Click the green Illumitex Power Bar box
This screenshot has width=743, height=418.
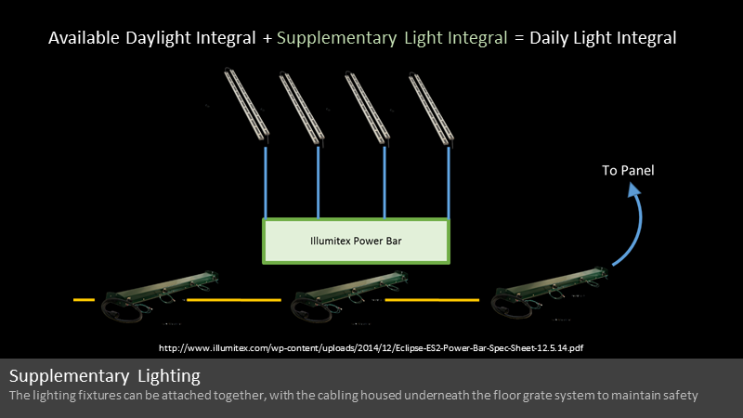click(x=356, y=241)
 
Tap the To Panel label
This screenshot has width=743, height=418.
click(x=628, y=171)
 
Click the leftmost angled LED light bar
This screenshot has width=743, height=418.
click(x=246, y=105)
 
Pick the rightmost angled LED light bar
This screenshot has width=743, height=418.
click(x=431, y=107)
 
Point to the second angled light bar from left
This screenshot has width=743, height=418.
click(x=302, y=108)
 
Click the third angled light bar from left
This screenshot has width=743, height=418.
click(x=367, y=108)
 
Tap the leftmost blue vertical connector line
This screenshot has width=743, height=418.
click(x=266, y=182)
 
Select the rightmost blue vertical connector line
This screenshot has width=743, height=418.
click(x=449, y=182)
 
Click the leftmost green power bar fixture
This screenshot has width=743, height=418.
click(x=160, y=296)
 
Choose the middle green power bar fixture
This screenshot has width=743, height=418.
click(x=349, y=296)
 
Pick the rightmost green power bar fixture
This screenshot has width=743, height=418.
click(x=550, y=293)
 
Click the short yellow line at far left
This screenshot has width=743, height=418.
click(x=84, y=299)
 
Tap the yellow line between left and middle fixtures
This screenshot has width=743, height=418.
click(x=234, y=299)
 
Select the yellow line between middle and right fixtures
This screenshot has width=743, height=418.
click(x=432, y=299)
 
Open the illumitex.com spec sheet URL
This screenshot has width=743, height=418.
click(x=371, y=347)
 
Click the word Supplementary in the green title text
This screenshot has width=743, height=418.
click(x=336, y=38)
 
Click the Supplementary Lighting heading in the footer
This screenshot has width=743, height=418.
click(x=105, y=376)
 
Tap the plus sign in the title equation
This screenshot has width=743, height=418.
click(x=267, y=38)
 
